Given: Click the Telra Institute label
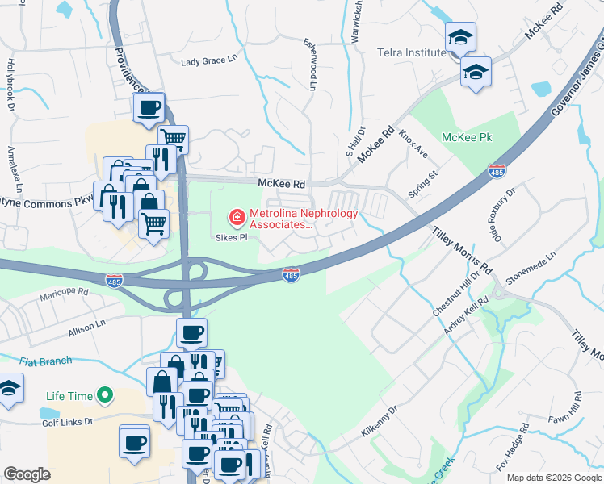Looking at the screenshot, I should pos(411,52).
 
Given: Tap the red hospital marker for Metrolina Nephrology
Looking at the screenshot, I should pos(237,217).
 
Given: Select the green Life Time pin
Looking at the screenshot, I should pos(103,395).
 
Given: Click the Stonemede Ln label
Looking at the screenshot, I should pos(531,269).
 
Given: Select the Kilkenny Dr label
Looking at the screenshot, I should pos(380,423).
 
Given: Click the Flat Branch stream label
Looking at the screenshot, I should pos(48,361).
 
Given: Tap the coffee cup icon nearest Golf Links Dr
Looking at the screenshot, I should pos(134,442).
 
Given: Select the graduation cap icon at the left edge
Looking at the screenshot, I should pos(7,390).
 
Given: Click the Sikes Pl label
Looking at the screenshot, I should pos(230,238).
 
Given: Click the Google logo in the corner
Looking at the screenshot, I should pos(27,474).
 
